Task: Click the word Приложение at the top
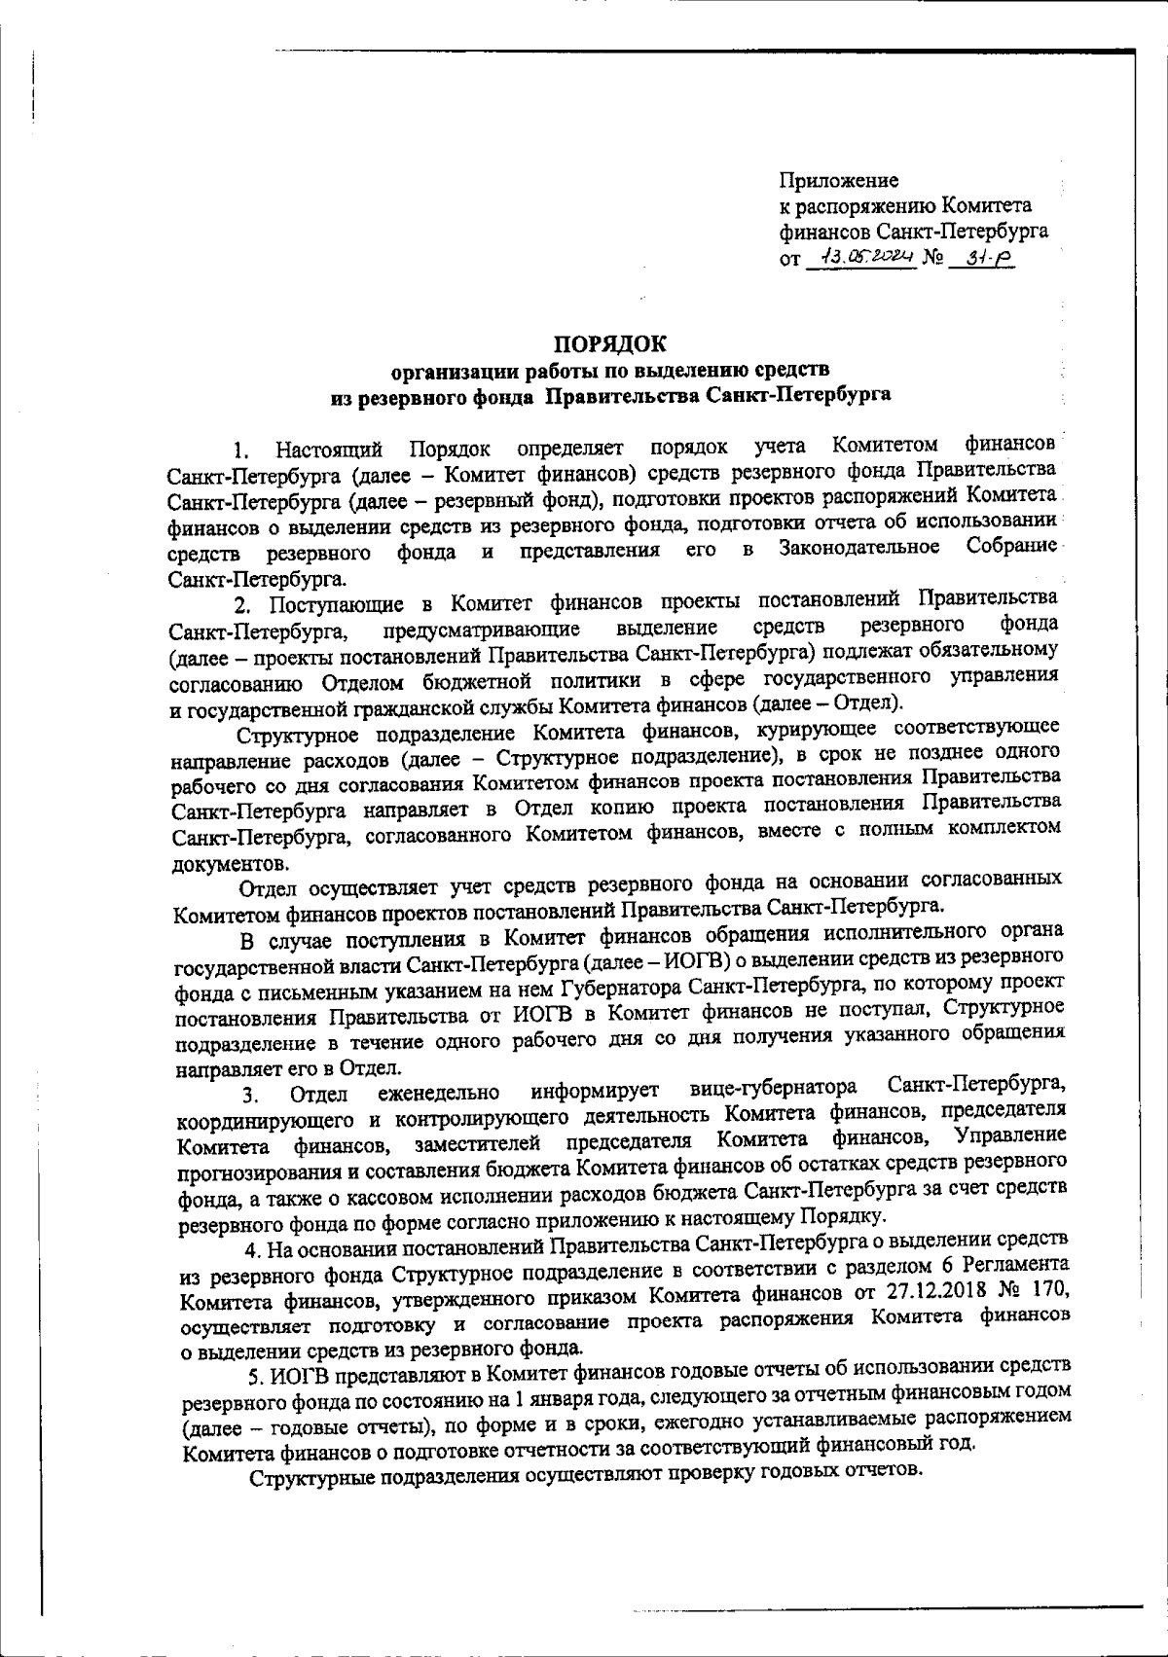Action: pos(839,180)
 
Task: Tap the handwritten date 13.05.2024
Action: pos(862,257)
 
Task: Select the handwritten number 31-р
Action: pos(982,257)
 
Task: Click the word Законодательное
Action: pos(859,549)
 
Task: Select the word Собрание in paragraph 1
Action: pos(1011,546)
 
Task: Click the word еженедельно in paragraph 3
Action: pos(438,1092)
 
